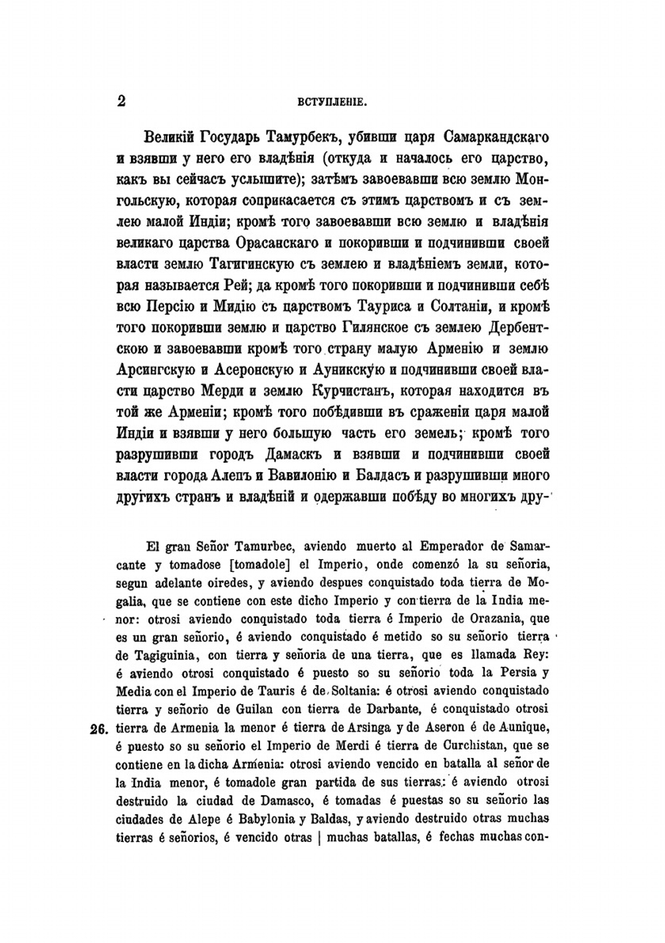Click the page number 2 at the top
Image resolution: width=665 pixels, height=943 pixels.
point(121,101)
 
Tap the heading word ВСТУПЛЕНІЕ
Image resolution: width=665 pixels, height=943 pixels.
point(332,102)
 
